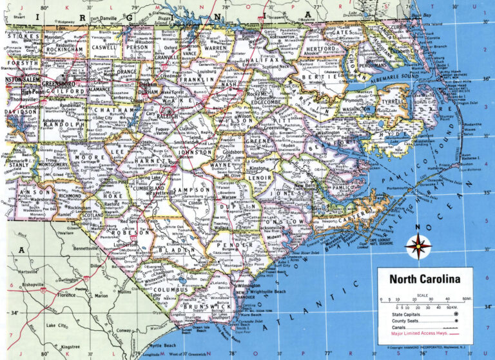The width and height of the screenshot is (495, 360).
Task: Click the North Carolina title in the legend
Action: coord(423,279)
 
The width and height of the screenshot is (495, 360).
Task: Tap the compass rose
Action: coord(418,246)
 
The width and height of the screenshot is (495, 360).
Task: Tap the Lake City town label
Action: coord(57,326)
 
